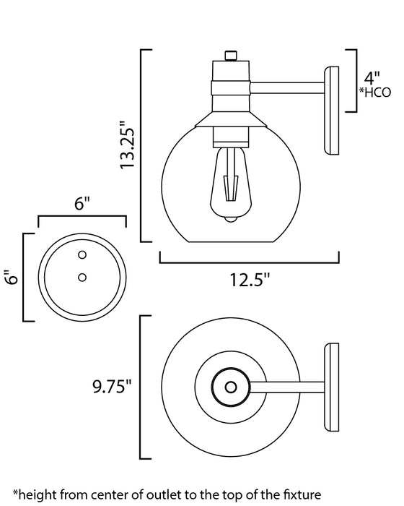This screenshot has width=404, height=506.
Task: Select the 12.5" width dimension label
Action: click(x=249, y=278)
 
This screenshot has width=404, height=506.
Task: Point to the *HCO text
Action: click(x=374, y=92)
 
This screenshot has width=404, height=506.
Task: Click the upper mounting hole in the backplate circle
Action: click(x=82, y=254)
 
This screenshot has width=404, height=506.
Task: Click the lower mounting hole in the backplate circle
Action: click(x=82, y=276)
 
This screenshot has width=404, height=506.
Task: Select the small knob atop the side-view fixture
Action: click(x=231, y=56)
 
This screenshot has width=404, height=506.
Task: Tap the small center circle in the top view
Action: click(x=231, y=387)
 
